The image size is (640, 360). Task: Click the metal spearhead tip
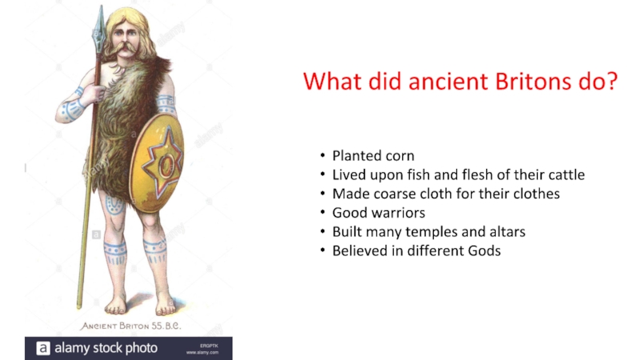pyautogui.click(x=101, y=6)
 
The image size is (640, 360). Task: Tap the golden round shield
pyautogui.click(x=157, y=163)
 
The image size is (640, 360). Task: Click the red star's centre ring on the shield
pyautogui.click(x=166, y=166)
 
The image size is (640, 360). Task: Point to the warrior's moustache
pyautogui.click(x=126, y=49)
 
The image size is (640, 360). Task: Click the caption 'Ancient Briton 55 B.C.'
pyautogui.click(x=130, y=326)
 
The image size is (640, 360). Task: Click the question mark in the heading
pyautogui.click(x=611, y=82)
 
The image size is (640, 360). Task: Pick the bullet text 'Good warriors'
pyautogui.click(x=378, y=213)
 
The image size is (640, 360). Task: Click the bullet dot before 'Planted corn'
pyautogui.click(x=323, y=155)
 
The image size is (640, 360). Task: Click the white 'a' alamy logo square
pyautogui.click(x=43, y=348)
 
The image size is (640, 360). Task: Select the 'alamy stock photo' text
pyautogui.click(x=106, y=348)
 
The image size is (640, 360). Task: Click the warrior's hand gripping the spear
pyautogui.click(x=95, y=93)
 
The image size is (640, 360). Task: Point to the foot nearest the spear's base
pyautogui.click(x=116, y=306)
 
